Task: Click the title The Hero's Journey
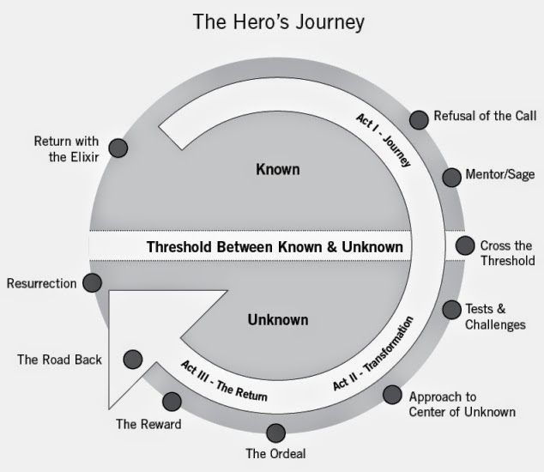tap(273, 21)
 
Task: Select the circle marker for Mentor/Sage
tap(451, 178)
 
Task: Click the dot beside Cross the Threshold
tap(464, 246)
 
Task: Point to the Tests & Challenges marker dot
tap(451, 310)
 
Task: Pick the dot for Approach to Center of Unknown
tap(391, 395)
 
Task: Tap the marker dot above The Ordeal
tap(275, 433)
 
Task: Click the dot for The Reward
tap(172, 401)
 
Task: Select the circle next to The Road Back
tap(133, 359)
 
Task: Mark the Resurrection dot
tap(93, 282)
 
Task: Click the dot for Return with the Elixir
tap(118, 148)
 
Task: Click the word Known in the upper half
tap(278, 170)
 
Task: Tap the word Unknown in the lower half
tap(277, 320)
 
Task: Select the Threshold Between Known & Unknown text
tap(275, 247)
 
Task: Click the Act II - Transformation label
tap(373, 354)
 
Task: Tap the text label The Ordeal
tap(275, 454)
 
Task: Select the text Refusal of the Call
tap(485, 117)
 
